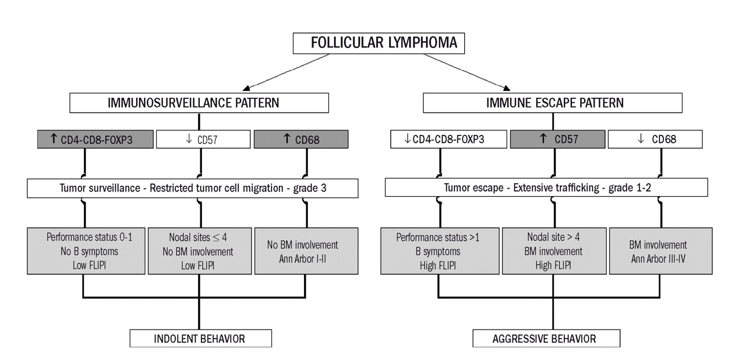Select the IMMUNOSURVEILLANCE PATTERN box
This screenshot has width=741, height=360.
click(199, 103)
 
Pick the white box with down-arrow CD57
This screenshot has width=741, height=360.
click(199, 139)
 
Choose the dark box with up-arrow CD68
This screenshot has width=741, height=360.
click(301, 139)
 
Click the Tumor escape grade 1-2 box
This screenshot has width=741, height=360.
click(546, 188)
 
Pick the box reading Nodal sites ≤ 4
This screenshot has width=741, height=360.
click(200, 250)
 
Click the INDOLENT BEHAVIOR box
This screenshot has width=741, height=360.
click(200, 338)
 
